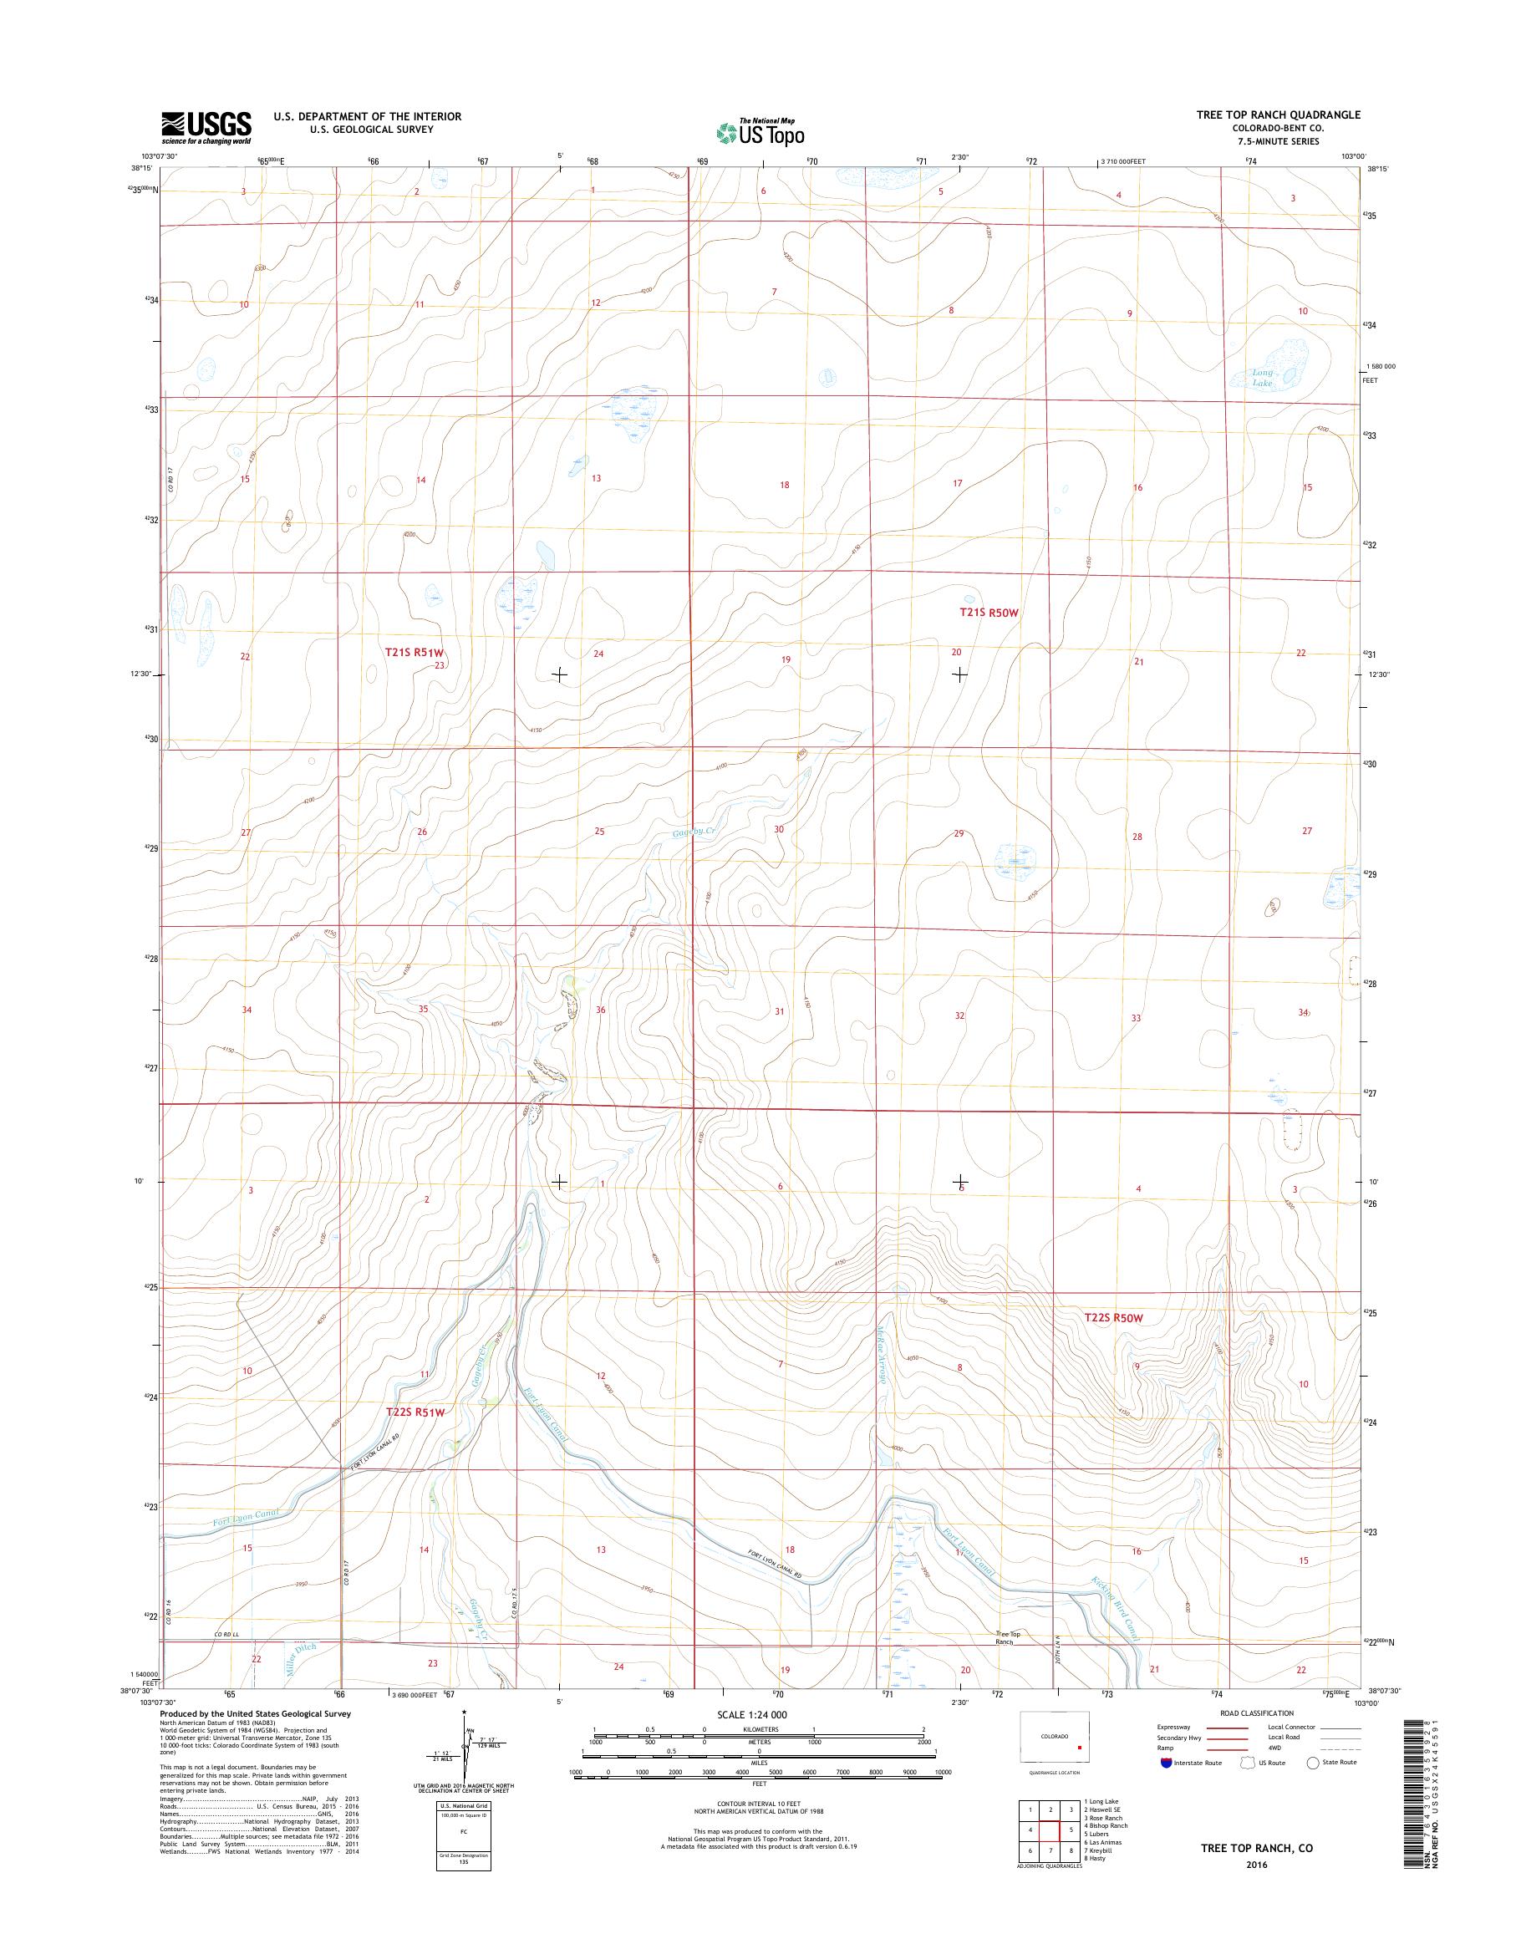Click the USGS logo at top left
coord(206,127)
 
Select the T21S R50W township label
coord(988,613)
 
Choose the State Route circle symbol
coord(1312,1763)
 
